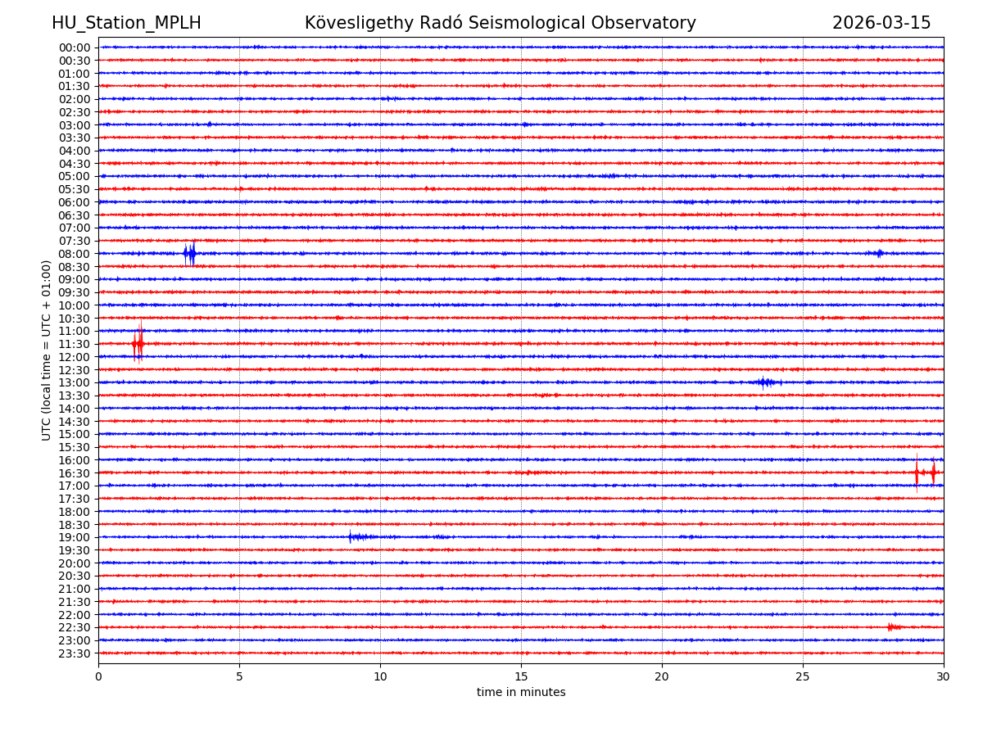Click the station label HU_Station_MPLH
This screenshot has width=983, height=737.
(126, 23)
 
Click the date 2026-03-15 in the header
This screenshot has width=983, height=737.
(881, 23)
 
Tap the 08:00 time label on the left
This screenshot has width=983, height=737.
(74, 254)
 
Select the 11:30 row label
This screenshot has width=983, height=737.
(74, 344)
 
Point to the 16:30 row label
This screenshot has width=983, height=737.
(74, 473)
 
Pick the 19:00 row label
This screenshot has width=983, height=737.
(74, 537)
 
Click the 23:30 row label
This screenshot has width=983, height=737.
(74, 653)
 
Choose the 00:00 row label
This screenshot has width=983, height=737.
(74, 47)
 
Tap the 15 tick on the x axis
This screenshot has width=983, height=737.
(521, 676)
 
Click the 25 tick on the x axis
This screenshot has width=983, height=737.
(803, 676)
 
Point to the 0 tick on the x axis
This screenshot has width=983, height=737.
(98, 676)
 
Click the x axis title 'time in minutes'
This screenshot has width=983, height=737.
(521, 693)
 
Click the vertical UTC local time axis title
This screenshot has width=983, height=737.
(47, 350)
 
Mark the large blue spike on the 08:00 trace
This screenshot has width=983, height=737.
(190, 253)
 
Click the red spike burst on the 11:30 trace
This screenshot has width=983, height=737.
(138, 343)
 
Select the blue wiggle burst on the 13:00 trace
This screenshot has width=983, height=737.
(764, 382)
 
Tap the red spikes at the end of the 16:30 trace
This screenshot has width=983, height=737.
(925, 472)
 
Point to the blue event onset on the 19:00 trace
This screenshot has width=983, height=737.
(351, 537)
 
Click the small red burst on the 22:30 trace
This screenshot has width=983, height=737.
(893, 627)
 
